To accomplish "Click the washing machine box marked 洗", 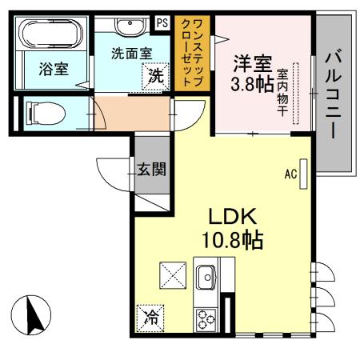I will [156, 78].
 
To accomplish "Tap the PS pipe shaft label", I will [162, 22].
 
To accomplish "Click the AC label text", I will [291, 174].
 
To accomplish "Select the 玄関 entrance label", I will [151, 170].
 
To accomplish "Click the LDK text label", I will [232, 217].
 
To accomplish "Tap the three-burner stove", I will [206, 318].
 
